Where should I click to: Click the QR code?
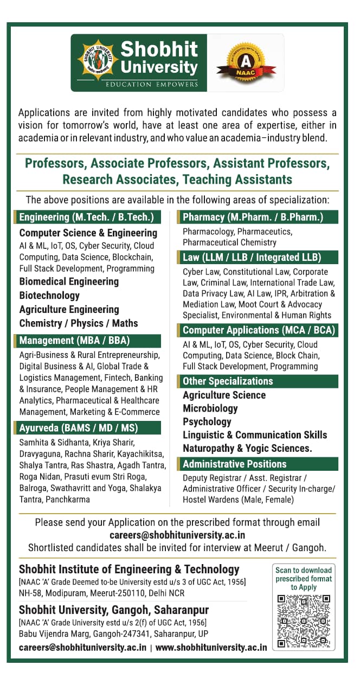tap(304, 621)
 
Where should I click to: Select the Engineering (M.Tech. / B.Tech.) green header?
tap(87, 218)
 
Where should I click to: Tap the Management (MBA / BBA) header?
tap(75, 341)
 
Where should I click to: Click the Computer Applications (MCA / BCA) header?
tap(259, 330)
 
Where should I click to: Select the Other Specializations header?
tap(228, 381)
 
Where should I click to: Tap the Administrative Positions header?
tap(234, 464)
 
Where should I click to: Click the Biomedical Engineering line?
tap(69, 282)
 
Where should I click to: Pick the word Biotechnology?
tap(49, 296)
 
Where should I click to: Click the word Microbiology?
tap(210, 408)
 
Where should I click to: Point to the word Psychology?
tap(207, 421)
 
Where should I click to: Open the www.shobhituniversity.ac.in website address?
tap(211, 647)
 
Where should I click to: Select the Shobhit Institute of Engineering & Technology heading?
tap(129, 570)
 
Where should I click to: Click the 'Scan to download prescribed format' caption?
tap(304, 578)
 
